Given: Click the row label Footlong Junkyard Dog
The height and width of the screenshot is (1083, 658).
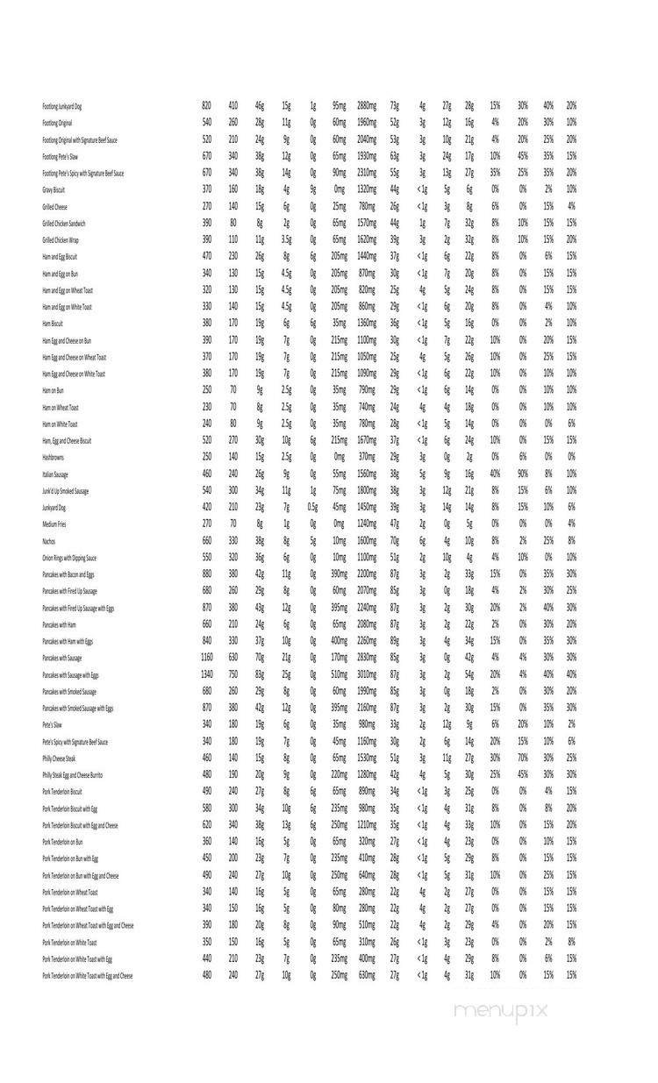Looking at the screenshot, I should click(x=74, y=106).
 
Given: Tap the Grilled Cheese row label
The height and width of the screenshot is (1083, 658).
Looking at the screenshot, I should click(x=54, y=207).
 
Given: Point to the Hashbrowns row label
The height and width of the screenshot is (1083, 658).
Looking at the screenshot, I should click(x=53, y=458).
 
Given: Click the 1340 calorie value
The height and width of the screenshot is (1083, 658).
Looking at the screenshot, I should click(x=206, y=674).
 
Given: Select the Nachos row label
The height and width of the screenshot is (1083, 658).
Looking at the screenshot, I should click(x=49, y=542).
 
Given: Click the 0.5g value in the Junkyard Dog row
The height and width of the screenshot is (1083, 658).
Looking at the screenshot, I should click(x=312, y=508).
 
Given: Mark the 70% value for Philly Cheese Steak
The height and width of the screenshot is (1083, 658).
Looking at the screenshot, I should click(x=522, y=758).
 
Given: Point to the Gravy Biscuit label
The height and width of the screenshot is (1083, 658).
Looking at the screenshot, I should click(x=54, y=189).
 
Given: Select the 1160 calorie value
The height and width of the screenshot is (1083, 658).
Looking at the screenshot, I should click(x=206, y=658).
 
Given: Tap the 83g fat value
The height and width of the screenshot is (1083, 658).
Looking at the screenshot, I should click(x=260, y=674).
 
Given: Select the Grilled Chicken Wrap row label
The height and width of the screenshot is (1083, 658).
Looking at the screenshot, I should click(x=61, y=240).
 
